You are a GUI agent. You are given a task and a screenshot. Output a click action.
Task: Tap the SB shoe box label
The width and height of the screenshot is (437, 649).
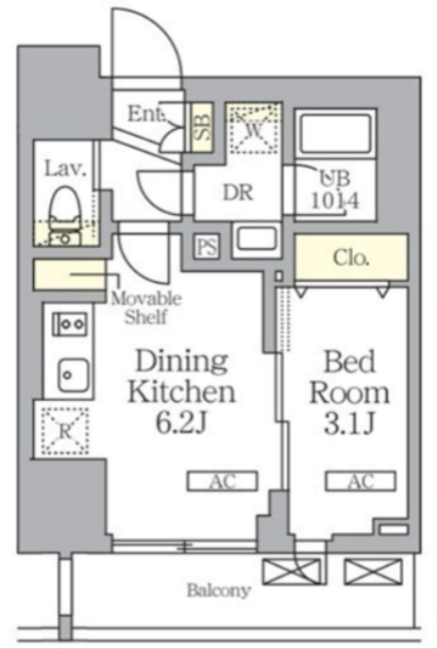point(202,126)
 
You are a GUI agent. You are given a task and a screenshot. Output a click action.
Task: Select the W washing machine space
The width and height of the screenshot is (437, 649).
point(254,128)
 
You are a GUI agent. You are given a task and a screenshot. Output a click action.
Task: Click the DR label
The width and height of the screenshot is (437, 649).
point(238,192)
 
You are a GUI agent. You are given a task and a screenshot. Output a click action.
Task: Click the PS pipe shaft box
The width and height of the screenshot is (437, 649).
point(207,246)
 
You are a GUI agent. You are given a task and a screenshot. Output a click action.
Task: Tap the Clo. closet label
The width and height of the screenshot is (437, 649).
point(351,258)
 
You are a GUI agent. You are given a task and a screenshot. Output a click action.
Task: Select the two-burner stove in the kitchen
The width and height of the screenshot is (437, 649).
point(70,324)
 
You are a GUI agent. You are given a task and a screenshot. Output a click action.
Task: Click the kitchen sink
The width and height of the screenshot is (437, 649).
point(73,375)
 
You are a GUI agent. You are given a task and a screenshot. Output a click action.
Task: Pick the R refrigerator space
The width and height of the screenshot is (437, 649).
point(65,431)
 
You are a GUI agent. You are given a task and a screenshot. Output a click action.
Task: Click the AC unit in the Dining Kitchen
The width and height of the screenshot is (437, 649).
point(222,481)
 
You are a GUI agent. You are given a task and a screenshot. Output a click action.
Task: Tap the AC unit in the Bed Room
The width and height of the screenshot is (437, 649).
point(361,481)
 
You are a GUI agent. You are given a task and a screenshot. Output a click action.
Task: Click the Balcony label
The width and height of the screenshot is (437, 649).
point(219,591)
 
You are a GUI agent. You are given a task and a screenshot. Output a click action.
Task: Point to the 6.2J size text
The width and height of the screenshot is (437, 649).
point(181,423)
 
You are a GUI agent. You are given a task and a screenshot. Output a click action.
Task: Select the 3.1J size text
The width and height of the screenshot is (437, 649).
point(349,423)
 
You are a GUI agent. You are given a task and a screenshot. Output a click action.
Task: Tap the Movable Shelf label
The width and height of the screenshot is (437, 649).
point(145,308)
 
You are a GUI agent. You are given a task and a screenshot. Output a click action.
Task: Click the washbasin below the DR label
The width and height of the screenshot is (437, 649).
point(257,240)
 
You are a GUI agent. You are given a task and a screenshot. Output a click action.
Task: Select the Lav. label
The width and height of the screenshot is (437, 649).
point(65,169)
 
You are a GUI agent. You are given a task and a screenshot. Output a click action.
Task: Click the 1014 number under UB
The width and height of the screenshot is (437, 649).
point(335,201)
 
